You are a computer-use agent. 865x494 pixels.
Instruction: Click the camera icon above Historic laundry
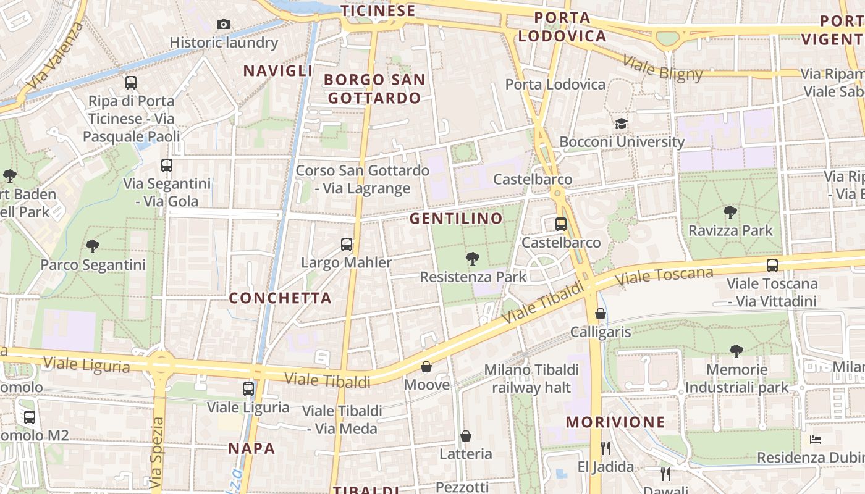224,25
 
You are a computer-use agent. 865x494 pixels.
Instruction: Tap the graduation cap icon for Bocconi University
621,124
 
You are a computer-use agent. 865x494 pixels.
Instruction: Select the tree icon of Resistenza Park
473,258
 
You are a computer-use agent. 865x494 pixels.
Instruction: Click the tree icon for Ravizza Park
730,212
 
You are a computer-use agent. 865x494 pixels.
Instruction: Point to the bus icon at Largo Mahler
347,245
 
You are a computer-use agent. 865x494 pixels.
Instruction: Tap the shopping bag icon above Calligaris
600,314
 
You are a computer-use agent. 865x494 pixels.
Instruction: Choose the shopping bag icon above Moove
426,367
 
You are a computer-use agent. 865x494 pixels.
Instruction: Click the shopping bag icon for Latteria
466,436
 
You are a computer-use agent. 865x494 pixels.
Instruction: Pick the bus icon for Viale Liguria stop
248,389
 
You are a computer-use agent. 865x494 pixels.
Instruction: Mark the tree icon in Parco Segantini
93,246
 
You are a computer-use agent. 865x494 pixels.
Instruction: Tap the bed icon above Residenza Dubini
816,440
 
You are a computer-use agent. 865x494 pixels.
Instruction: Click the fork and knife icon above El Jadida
605,448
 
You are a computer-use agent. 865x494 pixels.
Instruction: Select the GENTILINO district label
457,219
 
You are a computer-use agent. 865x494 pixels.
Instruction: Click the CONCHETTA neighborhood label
281,298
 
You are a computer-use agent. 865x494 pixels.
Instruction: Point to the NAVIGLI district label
278,71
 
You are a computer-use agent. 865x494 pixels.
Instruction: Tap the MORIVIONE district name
615,422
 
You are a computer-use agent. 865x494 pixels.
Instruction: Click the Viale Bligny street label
662,68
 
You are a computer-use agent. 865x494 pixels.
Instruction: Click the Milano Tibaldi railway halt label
531,379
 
